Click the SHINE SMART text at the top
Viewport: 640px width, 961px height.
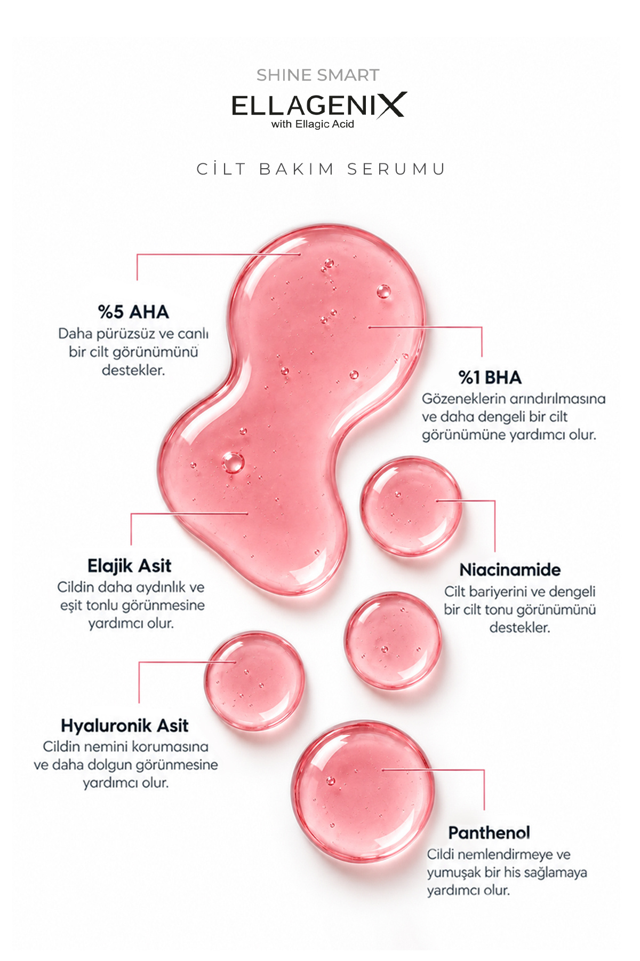(318, 75)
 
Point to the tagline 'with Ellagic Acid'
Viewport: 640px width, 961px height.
(313, 124)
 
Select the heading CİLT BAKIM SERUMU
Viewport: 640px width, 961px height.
(321, 169)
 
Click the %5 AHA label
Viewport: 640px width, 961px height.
(133, 312)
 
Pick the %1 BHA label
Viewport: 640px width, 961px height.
(490, 377)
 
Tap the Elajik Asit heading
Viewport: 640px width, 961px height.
(130, 565)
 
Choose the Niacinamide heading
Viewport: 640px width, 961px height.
(510, 570)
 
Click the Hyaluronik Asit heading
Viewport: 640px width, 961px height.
(125, 726)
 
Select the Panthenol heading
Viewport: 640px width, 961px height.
(489, 832)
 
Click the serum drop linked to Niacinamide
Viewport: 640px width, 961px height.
(411, 506)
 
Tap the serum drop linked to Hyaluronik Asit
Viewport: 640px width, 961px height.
(254, 681)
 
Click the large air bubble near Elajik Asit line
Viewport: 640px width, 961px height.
(233, 462)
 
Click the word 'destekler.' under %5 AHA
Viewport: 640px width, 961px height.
(133, 370)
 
